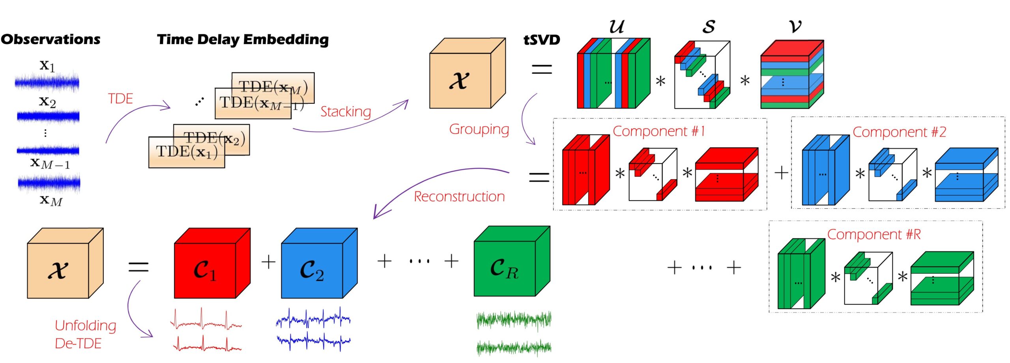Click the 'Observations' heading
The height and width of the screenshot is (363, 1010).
click(x=50, y=39)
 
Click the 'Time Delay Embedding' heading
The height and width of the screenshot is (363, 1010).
click(x=243, y=39)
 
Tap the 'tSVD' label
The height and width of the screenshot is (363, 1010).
click(x=541, y=40)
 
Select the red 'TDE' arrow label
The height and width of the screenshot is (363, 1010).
click(x=120, y=98)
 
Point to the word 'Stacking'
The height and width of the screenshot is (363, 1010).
click(x=345, y=112)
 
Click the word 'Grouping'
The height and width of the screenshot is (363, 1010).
click(x=479, y=129)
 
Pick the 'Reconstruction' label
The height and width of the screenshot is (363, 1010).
click(x=459, y=196)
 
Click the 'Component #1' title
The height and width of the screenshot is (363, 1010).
click(x=658, y=131)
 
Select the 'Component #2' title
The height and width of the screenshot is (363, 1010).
click(x=899, y=132)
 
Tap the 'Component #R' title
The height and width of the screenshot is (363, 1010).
click(x=873, y=234)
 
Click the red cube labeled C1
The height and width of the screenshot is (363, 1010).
click(x=205, y=270)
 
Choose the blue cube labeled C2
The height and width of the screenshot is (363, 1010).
click(x=312, y=270)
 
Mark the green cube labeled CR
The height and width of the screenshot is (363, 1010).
click(x=505, y=268)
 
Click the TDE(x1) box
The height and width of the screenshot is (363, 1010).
click(x=186, y=152)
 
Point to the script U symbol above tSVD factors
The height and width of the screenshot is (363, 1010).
click(x=616, y=26)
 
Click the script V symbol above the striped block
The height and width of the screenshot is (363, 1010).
click(x=795, y=26)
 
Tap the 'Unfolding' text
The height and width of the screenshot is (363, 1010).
click(x=85, y=326)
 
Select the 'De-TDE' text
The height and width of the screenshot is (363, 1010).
click(x=78, y=343)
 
